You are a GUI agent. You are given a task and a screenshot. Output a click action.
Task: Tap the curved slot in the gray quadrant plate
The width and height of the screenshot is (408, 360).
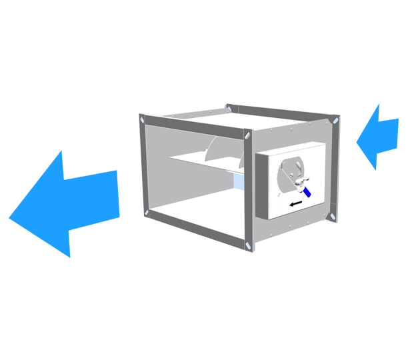289,167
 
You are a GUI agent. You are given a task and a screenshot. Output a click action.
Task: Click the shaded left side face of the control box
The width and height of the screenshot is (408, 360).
262,187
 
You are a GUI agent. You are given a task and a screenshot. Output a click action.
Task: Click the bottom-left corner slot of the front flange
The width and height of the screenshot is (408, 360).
145,213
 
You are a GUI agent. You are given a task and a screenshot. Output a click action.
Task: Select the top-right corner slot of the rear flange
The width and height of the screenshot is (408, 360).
335,121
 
